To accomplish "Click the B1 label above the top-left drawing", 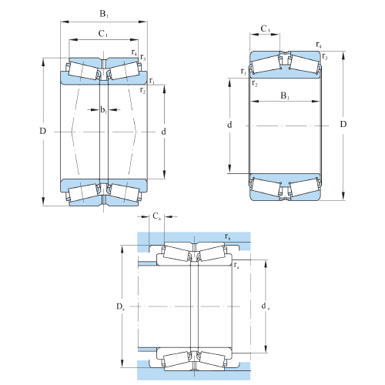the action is click(x=104, y=14).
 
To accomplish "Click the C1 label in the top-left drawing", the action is click(x=103, y=34).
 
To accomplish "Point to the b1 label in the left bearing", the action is click(x=103, y=110).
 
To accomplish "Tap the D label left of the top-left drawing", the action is click(x=42, y=131).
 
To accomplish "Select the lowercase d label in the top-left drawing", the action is click(x=163, y=132).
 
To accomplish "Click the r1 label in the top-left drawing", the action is click(x=152, y=81).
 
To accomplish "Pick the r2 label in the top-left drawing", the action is click(x=142, y=90).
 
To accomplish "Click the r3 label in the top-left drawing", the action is click(x=143, y=57).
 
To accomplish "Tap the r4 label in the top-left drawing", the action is click(x=134, y=52).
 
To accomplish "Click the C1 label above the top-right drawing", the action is click(x=266, y=28).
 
